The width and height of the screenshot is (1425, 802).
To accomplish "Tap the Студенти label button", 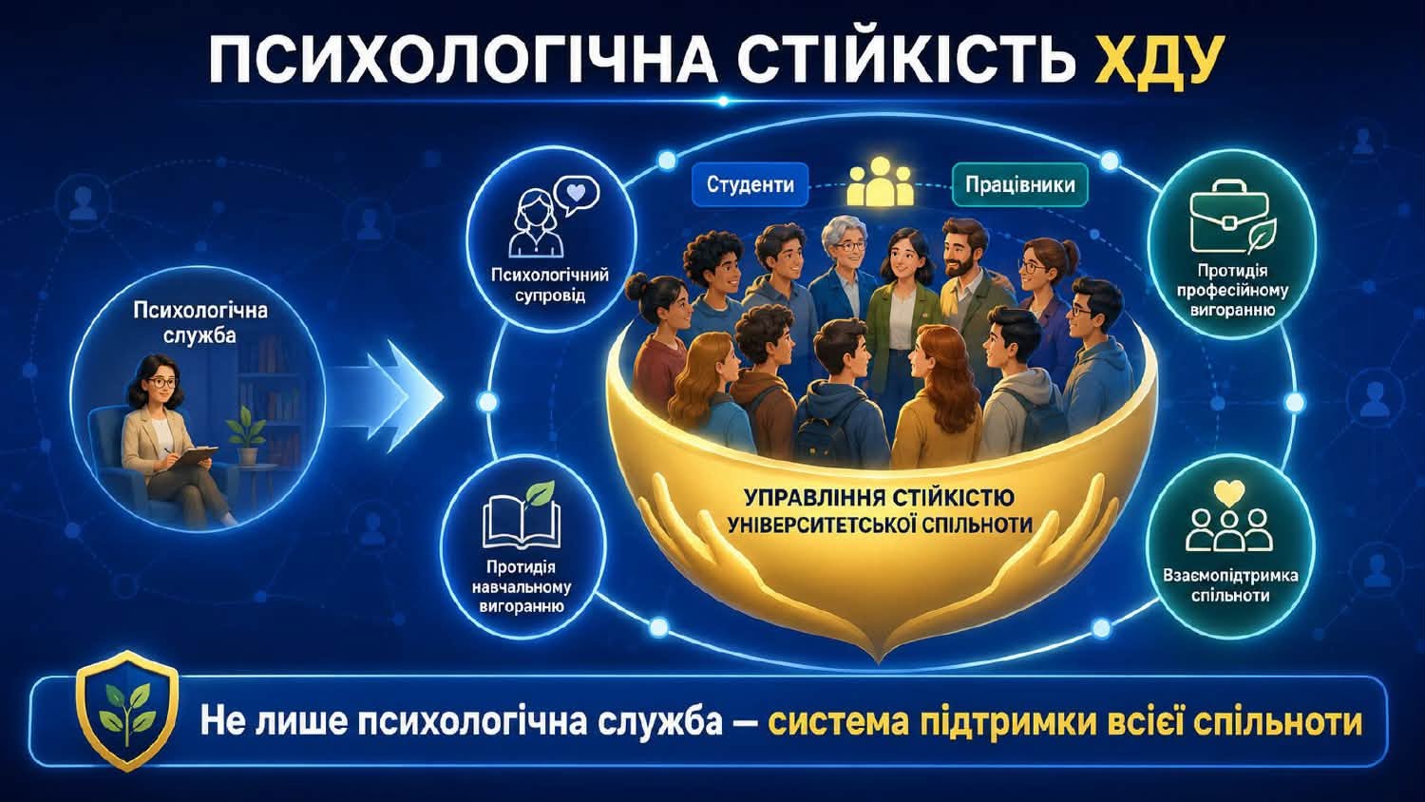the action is tap(750, 184).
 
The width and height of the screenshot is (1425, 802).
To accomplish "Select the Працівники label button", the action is tap(1019, 184).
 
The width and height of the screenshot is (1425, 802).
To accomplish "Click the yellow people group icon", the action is tap(881, 181).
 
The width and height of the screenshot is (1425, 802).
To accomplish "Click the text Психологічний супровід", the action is tap(550, 286).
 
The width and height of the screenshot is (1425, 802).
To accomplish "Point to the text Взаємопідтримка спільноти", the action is tap(1229, 586).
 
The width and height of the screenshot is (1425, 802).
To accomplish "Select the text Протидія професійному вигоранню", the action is tap(1231, 291).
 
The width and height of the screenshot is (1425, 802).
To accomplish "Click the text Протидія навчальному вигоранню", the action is tap(521, 585).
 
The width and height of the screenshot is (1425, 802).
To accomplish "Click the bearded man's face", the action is tap(960, 255).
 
